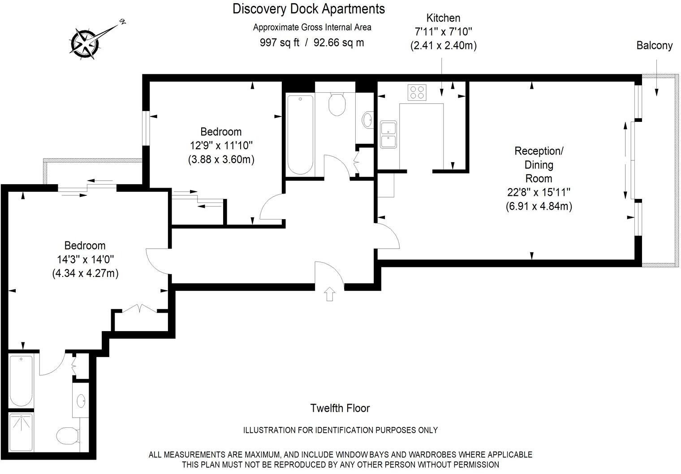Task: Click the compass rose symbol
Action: pyautogui.click(x=85, y=43)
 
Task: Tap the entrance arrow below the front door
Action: pyautogui.click(x=330, y=293)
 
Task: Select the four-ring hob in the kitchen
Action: pyautogui.click(x=417, y=93)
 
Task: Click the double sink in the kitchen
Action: pyautogui.click(x=388, y=134)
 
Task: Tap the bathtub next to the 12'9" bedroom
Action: pyautogui.click(x=300, y=134)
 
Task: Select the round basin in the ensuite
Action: pyautogui.click(x=82, y=400)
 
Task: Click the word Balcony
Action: pyautogui.click(x=655, y=45)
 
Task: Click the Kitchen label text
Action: pyautogui.click(x=443, y=18)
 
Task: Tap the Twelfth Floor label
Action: pyautogui.click(x=340, y=408)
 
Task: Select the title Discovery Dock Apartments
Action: pyautogui.click(x=308, y=9)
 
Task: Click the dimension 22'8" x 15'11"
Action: pyautogui.click(x=539, y=192)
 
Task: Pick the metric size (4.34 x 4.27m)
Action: pyautogui.click(x=85, y=273)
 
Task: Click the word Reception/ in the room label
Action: pyautogui.click(x=539, y=151)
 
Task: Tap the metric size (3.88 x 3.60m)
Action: pyautogui.click(x=221, y=159)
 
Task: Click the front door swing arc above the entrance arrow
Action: pyautogui.click(x=329, y=273)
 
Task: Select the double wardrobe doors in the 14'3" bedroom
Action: pyautogui.click(x=140, y=309)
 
